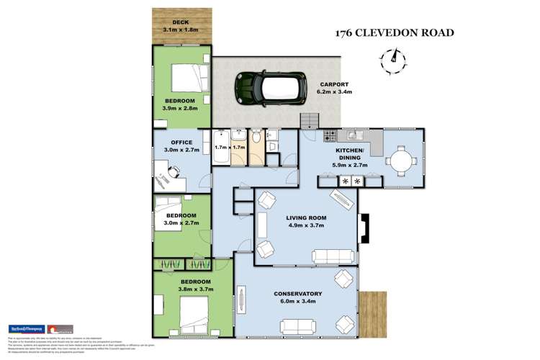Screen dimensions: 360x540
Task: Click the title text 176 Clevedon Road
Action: tap(395, 33)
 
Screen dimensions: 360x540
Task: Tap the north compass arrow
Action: tap(392, 56)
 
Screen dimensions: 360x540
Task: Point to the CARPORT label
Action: tap(333, 84)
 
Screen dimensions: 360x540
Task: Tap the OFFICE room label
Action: tap(178, 142)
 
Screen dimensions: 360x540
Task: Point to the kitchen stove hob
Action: tap(330, 135)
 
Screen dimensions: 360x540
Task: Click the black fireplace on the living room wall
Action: tap(364, 228)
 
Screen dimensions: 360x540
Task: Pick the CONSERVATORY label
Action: tap(298, 294)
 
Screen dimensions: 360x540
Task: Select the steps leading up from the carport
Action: tap(309, 120)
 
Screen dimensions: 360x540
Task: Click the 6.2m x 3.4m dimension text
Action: tap(334, 92)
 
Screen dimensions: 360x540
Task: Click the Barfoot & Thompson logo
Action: tap(26, 328)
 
